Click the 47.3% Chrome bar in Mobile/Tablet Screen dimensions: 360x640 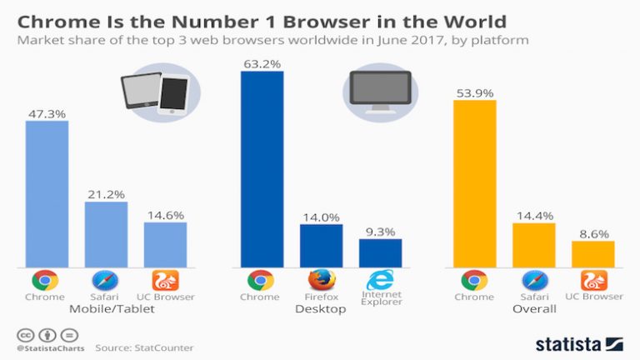(47, 193)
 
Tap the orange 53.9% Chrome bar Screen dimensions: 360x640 (474, 183)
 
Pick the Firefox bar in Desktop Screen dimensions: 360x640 (321, 245)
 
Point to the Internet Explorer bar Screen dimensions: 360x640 (380, 252)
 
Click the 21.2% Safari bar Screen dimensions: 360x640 (106, 234)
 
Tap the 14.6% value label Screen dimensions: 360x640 (165, 214)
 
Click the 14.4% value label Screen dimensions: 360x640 (533, 215)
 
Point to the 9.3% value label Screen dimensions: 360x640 (380, 231)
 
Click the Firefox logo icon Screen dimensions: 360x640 (321, 280)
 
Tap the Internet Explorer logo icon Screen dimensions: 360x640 (380, 280)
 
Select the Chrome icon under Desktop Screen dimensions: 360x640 (262, 280)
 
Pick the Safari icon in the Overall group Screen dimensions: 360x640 (533, 280)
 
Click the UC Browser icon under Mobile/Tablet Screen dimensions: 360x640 (165, 280)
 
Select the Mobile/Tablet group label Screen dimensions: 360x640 (107, 309)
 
